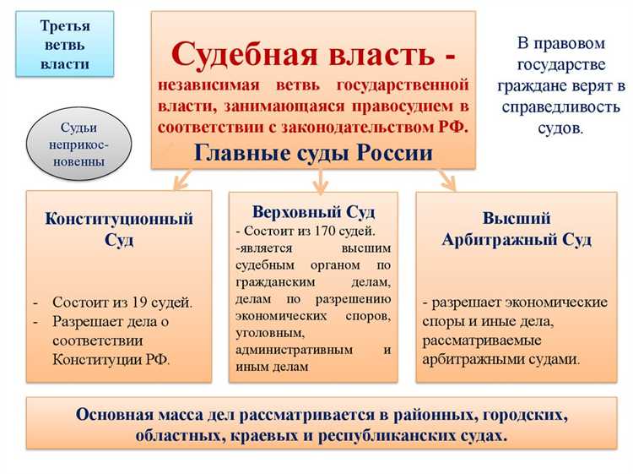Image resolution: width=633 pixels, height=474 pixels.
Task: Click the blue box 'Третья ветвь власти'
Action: point(65,44)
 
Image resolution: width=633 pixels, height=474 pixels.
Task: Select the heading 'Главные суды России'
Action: point(313,153)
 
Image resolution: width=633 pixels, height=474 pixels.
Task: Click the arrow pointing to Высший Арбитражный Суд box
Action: point(446,179)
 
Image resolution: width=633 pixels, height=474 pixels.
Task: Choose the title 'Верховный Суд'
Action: point(313,211)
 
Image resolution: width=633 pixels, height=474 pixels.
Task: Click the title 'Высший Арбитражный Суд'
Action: point(517,229)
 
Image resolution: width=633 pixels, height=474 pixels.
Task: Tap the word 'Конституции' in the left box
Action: point(90,359)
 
